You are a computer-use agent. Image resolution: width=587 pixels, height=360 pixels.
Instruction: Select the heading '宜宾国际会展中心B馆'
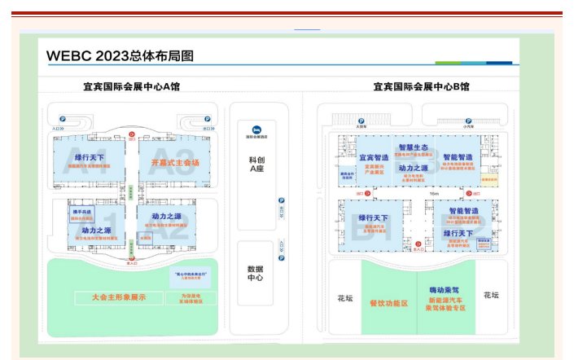coord(421,86)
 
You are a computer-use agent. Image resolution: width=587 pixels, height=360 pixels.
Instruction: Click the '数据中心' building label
coord(257,273)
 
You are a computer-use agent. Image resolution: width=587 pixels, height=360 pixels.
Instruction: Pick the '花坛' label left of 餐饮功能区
coord(344,297)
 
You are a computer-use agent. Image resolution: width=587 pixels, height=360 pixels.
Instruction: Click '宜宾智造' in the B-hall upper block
coord(375,157)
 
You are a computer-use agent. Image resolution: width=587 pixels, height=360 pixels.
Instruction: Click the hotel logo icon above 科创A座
coord(256,129)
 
